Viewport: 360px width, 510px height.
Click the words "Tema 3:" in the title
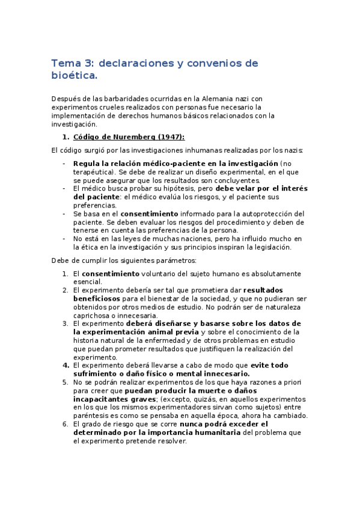point(72,63)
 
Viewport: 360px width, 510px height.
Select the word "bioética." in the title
point(73,76)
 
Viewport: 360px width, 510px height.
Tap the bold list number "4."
point(66,365)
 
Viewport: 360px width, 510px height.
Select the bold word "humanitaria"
point(228,432)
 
